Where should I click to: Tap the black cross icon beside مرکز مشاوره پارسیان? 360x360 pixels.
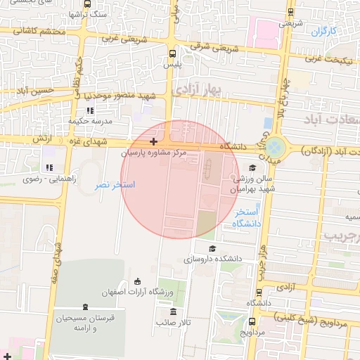(153, 143)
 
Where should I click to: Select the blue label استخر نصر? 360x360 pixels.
(115, 184)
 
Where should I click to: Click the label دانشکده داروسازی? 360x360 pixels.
(213, 259)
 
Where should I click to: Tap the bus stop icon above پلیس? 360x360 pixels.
(173, 53)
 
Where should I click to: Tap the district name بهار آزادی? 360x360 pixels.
(198, 88)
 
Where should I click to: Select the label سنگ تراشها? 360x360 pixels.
(90, 14)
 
